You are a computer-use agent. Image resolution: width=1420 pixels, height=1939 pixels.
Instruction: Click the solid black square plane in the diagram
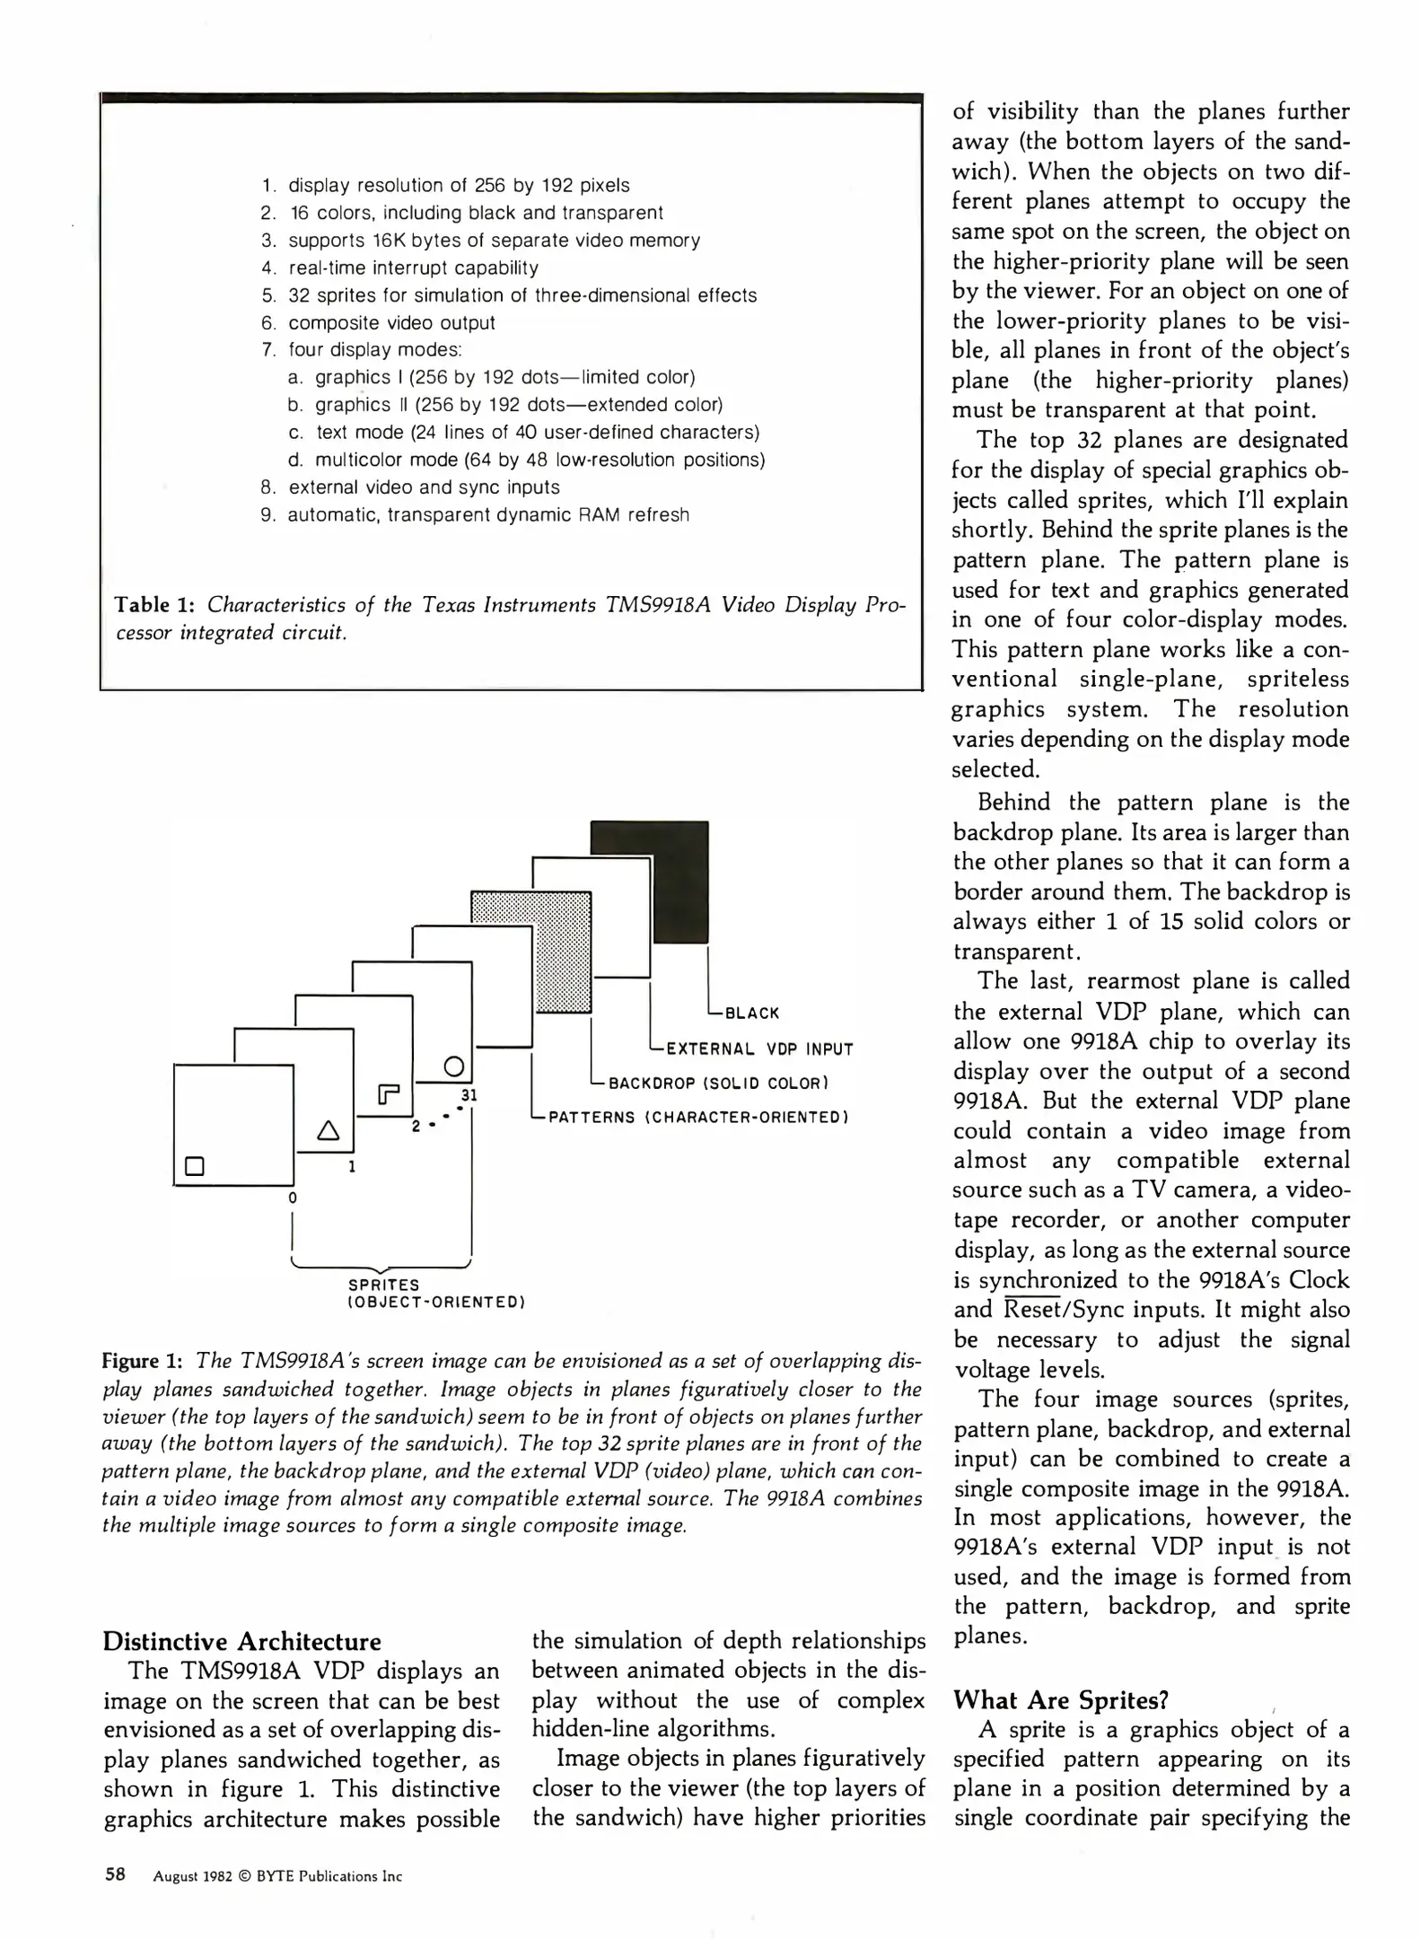pyautogui.click(x=680, y=880)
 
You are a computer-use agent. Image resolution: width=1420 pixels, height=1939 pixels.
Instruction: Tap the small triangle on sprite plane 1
pyautogui.click(x=329, y=1130)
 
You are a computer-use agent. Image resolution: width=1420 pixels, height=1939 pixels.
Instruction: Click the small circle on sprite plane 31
pyautogui.click(x=454, y=1066)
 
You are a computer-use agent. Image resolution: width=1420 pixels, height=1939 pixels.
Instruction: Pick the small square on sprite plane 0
pyautogui.click(x=195, y=1165)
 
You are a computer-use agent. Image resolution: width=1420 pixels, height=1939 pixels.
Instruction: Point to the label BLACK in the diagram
pyautogui.click(x=752, y=1013)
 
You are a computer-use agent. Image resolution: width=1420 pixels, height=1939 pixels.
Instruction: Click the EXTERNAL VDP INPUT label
pyautogui.click(x=759, y=1048)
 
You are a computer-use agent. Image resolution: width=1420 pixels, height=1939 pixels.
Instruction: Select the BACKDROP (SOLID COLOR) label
pyautogui.click(x=718, y=1083)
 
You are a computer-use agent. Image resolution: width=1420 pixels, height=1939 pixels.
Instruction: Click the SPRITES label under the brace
pyautogui.click(x=383, y=1285)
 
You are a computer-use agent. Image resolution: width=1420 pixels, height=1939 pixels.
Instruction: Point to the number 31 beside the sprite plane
pyautogui.click(x=469, y=1095)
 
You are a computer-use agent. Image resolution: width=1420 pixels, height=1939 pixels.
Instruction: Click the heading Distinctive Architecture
pyautogui.click(x=242, y=1642)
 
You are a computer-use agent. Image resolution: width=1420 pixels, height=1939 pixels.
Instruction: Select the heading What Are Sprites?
pyautogui.click(x=1060, y=1700)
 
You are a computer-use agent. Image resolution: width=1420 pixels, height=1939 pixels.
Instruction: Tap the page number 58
pyautogui.click(x=115, y=1875)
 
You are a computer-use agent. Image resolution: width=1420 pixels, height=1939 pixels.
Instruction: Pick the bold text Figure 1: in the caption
pyautogui.click(x=143, y=1361)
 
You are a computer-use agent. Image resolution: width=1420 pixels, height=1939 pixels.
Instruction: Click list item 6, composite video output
pyautogui.click(x=390, y=323)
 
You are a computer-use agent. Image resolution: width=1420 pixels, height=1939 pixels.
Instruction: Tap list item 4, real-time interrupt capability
pyautogui.click(x=413, y=268)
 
